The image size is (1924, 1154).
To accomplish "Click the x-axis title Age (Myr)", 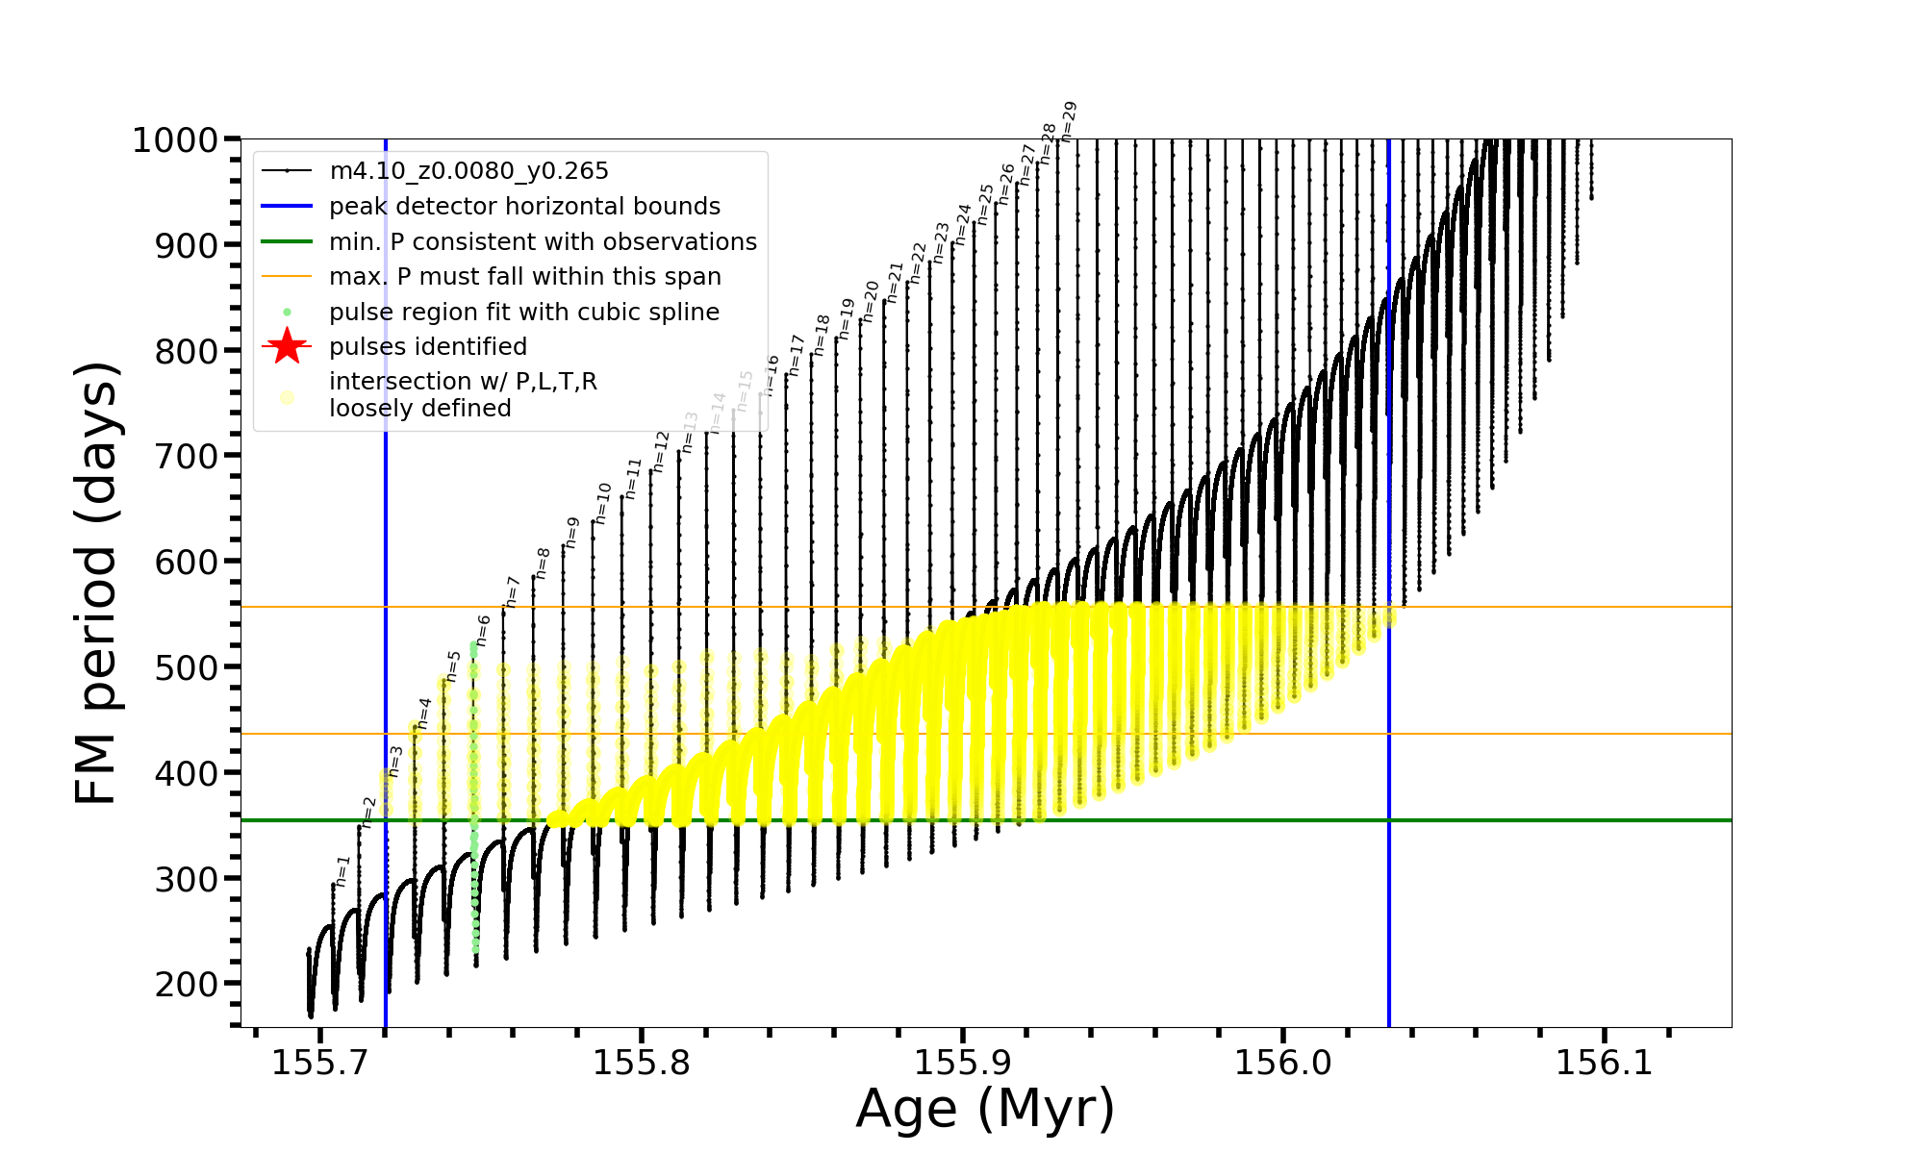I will point(985,1109).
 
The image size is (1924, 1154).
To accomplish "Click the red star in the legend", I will point(287,346).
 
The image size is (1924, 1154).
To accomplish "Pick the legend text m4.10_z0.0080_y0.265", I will point(469,171).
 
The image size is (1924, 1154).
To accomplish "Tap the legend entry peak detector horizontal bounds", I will point(524,207).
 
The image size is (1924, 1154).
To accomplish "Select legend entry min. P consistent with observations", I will point(543,242).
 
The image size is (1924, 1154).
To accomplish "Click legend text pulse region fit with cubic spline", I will point(524,313).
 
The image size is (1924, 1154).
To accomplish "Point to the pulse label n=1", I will point(342,870).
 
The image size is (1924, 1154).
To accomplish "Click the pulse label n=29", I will point(1068,122).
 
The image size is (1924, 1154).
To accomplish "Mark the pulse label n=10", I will point(602,503).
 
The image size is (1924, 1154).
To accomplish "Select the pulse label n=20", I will point(870,301).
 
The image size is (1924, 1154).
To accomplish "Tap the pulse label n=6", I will point(483,630).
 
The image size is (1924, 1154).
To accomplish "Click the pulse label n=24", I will point(963,224).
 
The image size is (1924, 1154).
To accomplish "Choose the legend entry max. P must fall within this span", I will point(525,277).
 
